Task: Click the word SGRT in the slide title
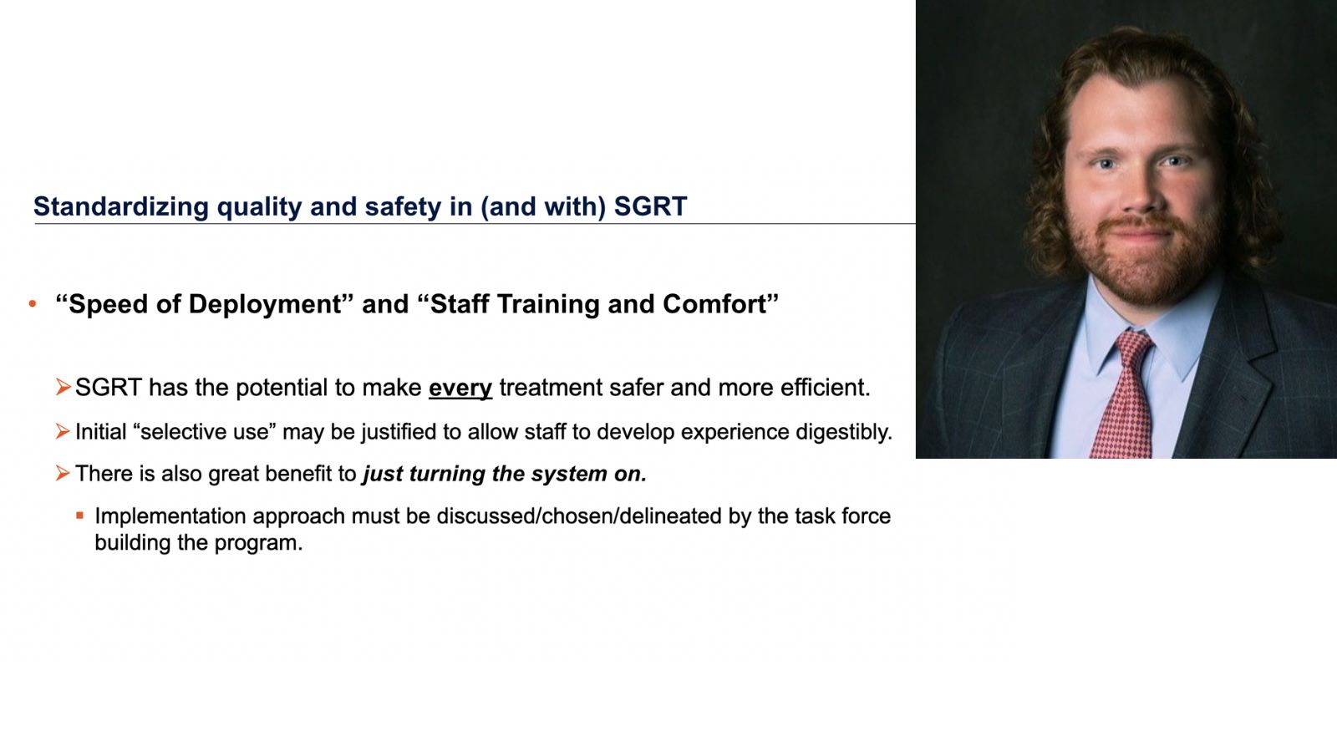pyautogui.click(x=650, y=206)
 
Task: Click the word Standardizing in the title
pyautogui.click(x=120, y=206)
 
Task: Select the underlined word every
pyautogui.click(x=460, y=389)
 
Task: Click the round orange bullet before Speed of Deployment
pyautogui.click(x=33, y=304)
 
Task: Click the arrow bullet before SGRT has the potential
pyautogui.click(x=63, y=387)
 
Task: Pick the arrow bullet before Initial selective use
pyautogui.click(x=63, y=431)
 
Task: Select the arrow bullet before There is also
pyautogui.click(x=63, y=473)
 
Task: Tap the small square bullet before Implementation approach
pyautogui.click(x=80, y=516)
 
